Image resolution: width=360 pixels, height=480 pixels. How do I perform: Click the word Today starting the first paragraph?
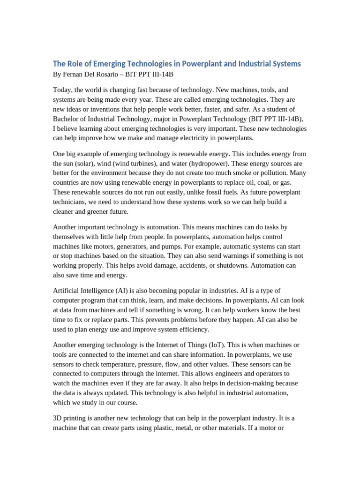click(62, 90)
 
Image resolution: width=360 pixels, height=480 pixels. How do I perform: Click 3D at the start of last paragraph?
click(58, 418)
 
